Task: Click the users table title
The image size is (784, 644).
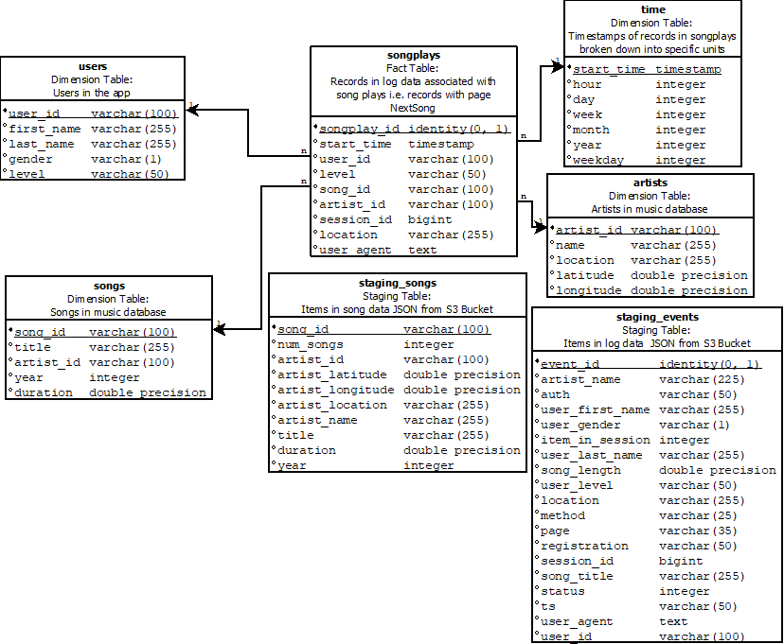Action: tap(92, 66)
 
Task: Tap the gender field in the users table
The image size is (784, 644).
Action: tap(30, 159)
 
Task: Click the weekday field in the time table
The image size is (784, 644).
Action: tap(599, 160)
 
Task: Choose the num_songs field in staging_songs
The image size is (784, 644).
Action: tap(311, 344)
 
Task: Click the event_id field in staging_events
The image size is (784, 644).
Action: tap(570, 364)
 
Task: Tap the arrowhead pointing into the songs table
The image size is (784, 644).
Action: tap(221, 329)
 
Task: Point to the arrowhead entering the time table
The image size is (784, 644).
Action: tap(558, 68)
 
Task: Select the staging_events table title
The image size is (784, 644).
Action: tap(657, 317)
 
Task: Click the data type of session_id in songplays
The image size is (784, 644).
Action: tap(430, 219)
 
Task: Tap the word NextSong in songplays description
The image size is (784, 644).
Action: tap(413, 108)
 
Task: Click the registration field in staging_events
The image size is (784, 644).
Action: tap(584, 546)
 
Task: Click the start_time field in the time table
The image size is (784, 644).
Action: tap(610, 69)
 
